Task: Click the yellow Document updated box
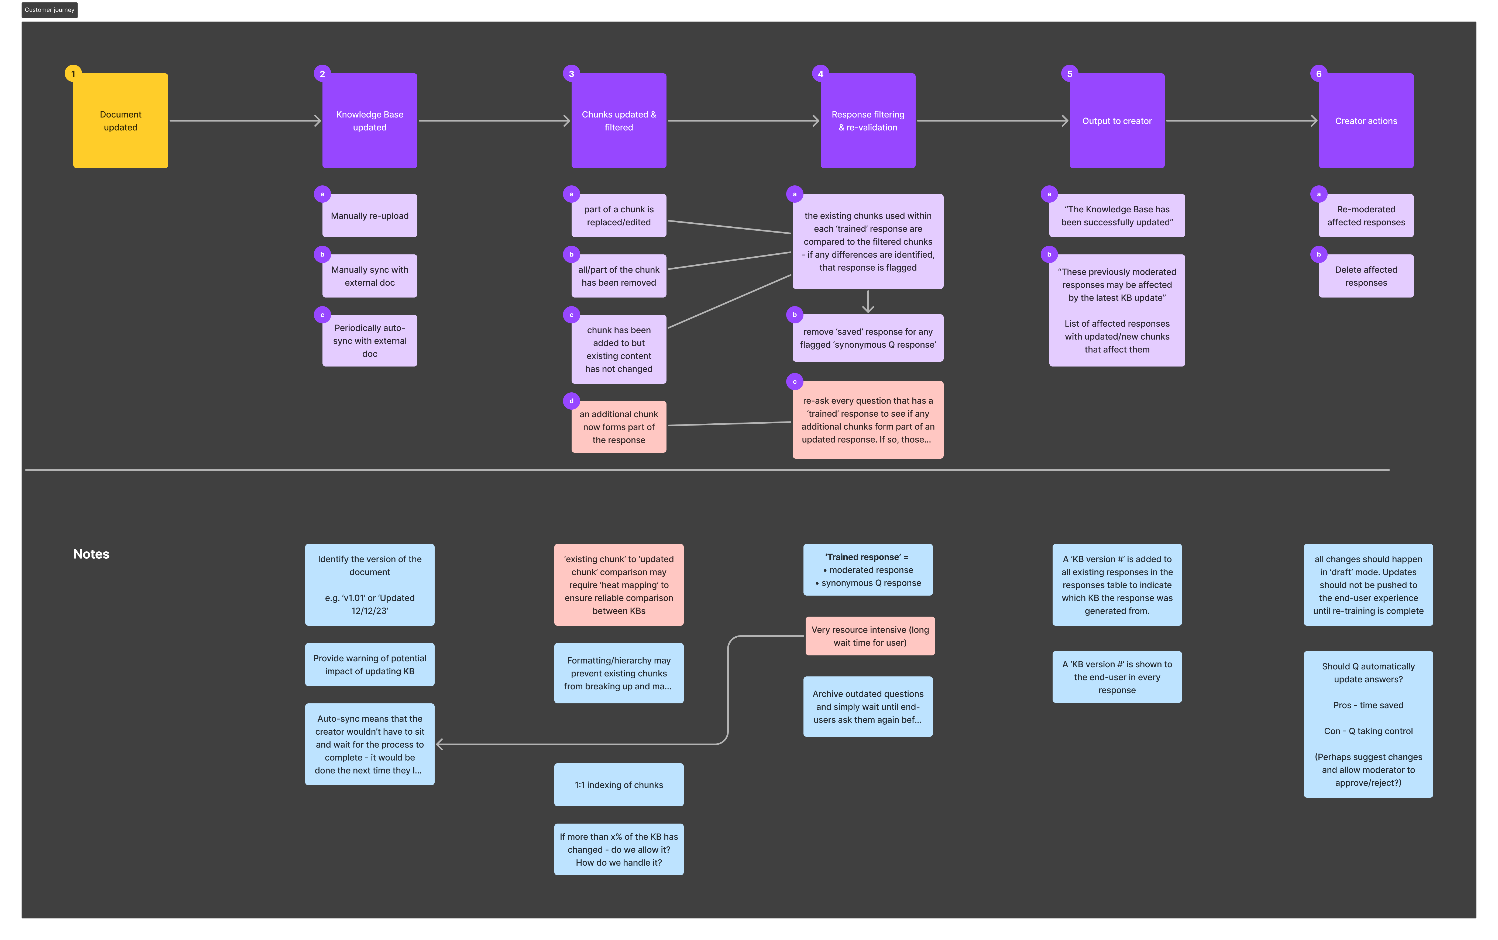coord(121,121)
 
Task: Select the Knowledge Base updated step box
coord(369,121)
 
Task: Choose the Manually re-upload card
coord(369,216)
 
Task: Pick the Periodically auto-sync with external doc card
coord(369,341)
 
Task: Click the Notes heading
coord(91,554)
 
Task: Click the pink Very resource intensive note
coord(870,636)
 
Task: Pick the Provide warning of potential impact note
coord(369,665)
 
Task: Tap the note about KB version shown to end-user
coord(1117,677)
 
